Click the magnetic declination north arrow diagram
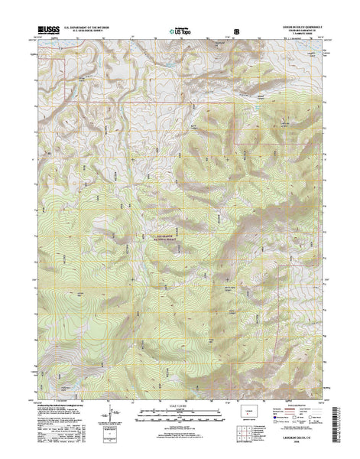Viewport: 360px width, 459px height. click(105, 422)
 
